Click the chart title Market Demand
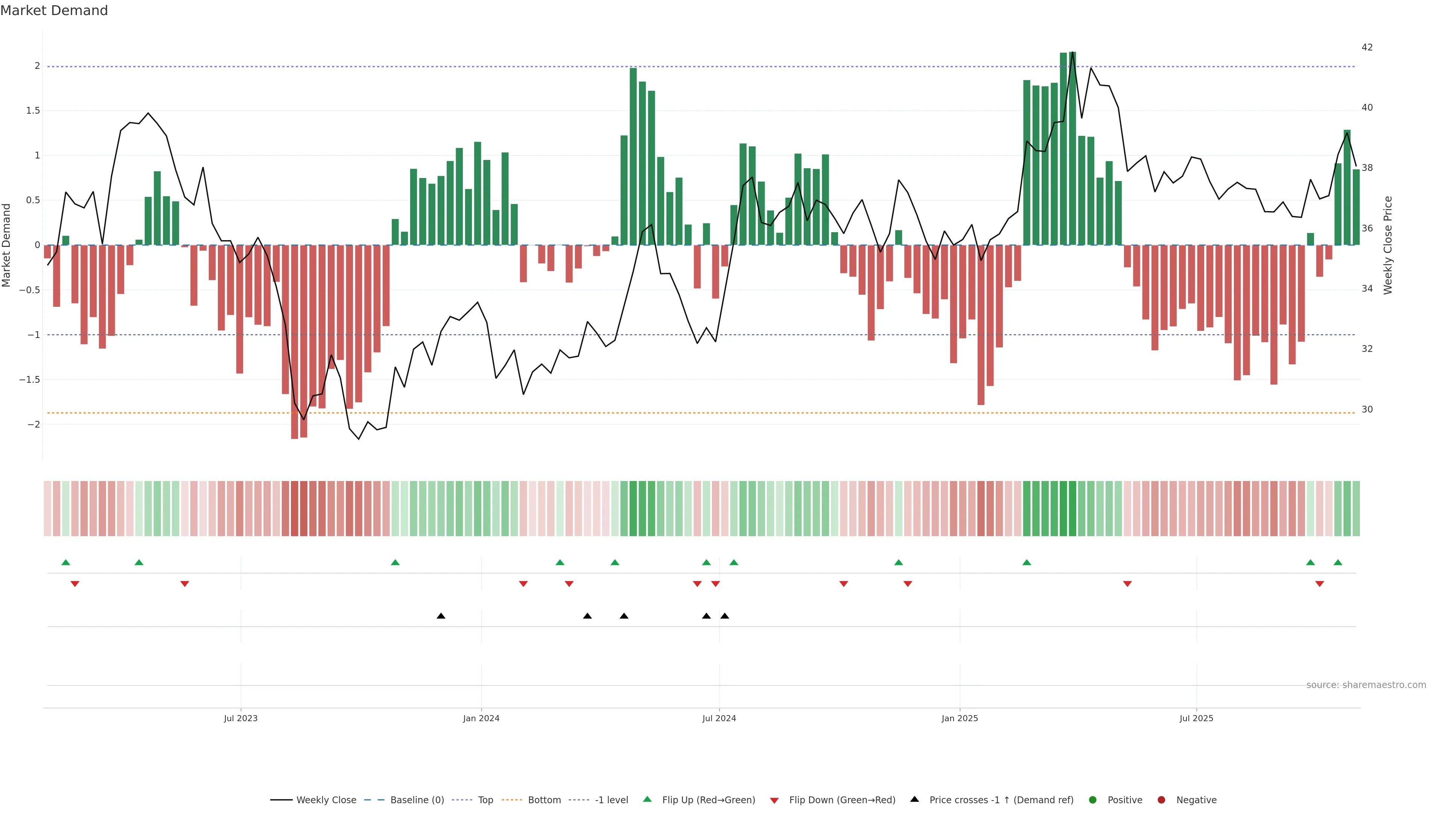tap(54, 11)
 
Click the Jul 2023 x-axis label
tap(241, 718)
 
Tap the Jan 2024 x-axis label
tap(481, 718)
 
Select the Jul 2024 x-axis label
tap(719, 718)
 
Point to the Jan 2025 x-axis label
tap(959, 718)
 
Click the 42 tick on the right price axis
tap(1367, 47)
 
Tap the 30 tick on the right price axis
tap(1367, 410)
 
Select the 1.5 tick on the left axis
tap(33, 111)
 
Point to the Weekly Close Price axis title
tap(1388, 245)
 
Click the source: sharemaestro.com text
tap(1366, 685)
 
